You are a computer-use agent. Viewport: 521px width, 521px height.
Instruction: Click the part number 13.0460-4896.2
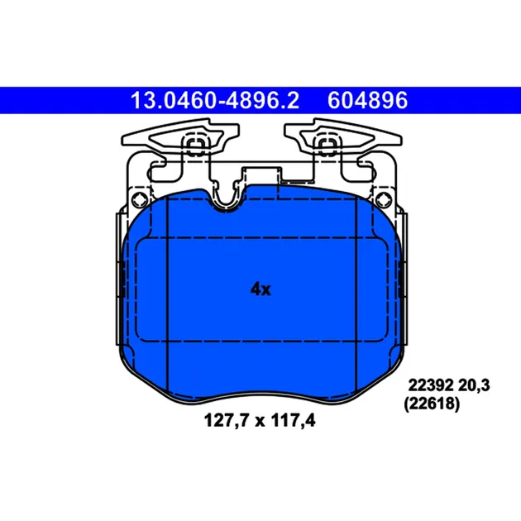215,100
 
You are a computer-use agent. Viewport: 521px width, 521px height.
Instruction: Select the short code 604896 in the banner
367,100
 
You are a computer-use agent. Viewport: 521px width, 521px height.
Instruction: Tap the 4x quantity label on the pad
260,289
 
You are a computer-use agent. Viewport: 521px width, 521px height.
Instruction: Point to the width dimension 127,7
227,420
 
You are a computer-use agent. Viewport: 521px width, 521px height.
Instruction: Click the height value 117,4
293,420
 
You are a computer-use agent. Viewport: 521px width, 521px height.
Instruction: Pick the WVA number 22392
430,385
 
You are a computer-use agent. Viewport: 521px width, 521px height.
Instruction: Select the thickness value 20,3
474,385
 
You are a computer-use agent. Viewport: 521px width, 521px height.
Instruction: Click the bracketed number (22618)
432,404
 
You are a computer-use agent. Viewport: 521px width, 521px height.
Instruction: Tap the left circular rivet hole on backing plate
140,199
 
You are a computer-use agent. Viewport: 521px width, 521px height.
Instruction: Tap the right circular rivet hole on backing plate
384,199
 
